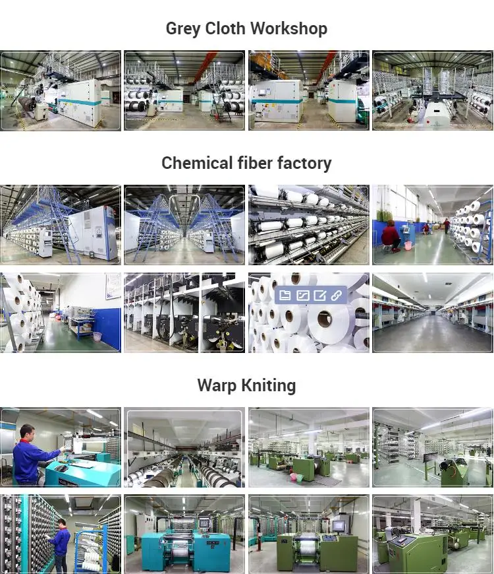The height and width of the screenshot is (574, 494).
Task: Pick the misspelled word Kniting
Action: (x=269, y=386)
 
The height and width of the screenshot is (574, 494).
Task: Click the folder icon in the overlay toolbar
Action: (x=285, y=296)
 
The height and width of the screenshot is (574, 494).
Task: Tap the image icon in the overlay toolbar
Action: (x=302, y=296)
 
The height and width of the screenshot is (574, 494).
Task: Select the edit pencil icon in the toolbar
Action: (x=319, y=296)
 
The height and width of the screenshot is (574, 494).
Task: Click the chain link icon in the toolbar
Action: (x=337, y=296)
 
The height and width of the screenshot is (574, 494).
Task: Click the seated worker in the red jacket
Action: (x=391, y=235)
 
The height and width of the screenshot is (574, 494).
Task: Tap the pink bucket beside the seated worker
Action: (x=408, y=245)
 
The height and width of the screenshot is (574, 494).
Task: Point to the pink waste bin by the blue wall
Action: (x=97, y=336)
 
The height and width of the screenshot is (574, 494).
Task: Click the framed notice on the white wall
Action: (x=113, y=286)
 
